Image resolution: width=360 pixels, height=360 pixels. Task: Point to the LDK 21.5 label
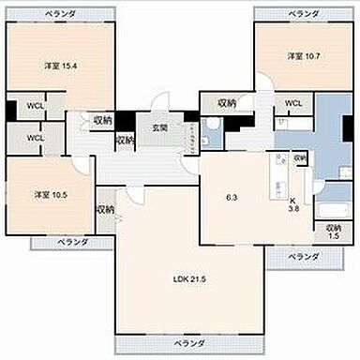(x=188, y=278)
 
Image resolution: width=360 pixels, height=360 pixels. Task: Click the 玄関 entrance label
(x=160, y=127)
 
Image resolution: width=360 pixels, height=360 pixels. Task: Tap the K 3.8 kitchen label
(x=293, y=205)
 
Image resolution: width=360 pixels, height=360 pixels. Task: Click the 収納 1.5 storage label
(x=333, y=231)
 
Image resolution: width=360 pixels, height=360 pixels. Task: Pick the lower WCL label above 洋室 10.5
(x=36, y=139)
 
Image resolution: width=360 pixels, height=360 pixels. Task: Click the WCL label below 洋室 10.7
(x=293, y=103)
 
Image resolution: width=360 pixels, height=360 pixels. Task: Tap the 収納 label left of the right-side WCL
(x=227, y=103)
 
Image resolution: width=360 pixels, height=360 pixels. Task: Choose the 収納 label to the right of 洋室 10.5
(x=105, y=210)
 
